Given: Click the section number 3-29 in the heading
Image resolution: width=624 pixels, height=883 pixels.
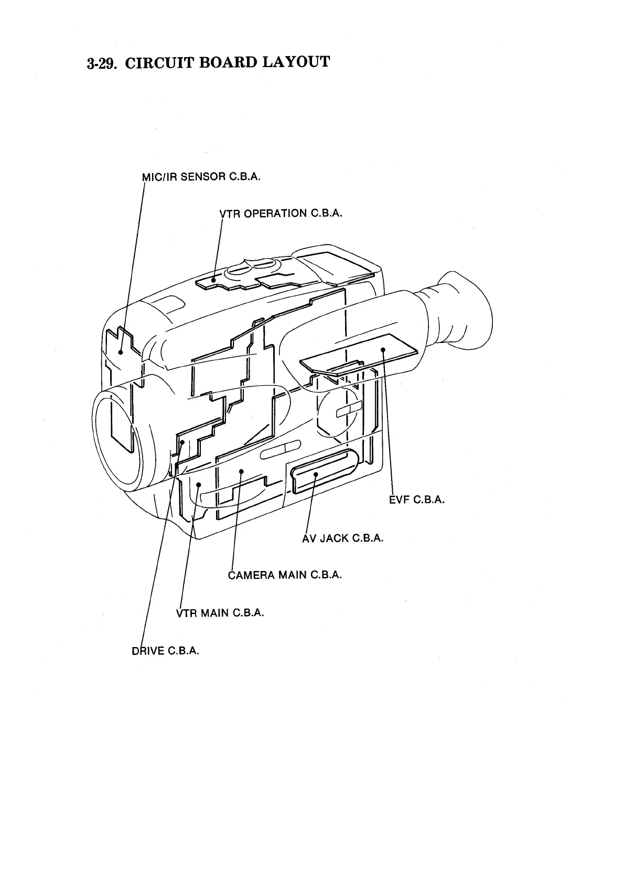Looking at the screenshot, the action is click(x=102, y=64).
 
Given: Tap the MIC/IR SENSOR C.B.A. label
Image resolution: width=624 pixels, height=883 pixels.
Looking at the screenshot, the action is click(x=201, y=177).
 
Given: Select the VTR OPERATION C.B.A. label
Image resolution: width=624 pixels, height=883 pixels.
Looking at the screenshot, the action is click(x=281, y=213).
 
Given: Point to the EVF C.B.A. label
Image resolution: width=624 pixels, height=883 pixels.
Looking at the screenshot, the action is click(x=417, y=500).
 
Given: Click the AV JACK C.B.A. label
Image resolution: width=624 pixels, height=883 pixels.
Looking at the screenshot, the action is click(x=342, y=538).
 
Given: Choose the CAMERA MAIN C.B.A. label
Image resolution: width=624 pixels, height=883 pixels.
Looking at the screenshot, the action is click(x=285, y=575).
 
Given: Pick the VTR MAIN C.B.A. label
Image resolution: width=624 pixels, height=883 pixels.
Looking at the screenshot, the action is click(x=220, y=613).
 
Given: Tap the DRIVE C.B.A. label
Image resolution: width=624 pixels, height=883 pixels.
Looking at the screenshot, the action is click(x=165, y=651).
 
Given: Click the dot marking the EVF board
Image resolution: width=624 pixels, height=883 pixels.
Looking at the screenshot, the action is click(x=383, y=350).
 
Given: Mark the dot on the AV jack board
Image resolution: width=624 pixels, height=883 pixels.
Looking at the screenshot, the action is click(x=316, y=474).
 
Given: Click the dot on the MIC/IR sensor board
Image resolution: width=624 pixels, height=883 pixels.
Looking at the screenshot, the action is click(x=121, y=352).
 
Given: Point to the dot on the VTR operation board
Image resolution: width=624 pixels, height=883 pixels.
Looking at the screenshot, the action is click(x=213, y=281).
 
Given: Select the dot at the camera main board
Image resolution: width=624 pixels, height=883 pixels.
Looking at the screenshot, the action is click(x=241, y=471).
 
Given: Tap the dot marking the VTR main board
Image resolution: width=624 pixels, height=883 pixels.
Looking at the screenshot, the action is click(x=199, y=484).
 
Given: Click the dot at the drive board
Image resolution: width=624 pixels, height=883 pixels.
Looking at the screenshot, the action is click(x=182, y=443).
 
